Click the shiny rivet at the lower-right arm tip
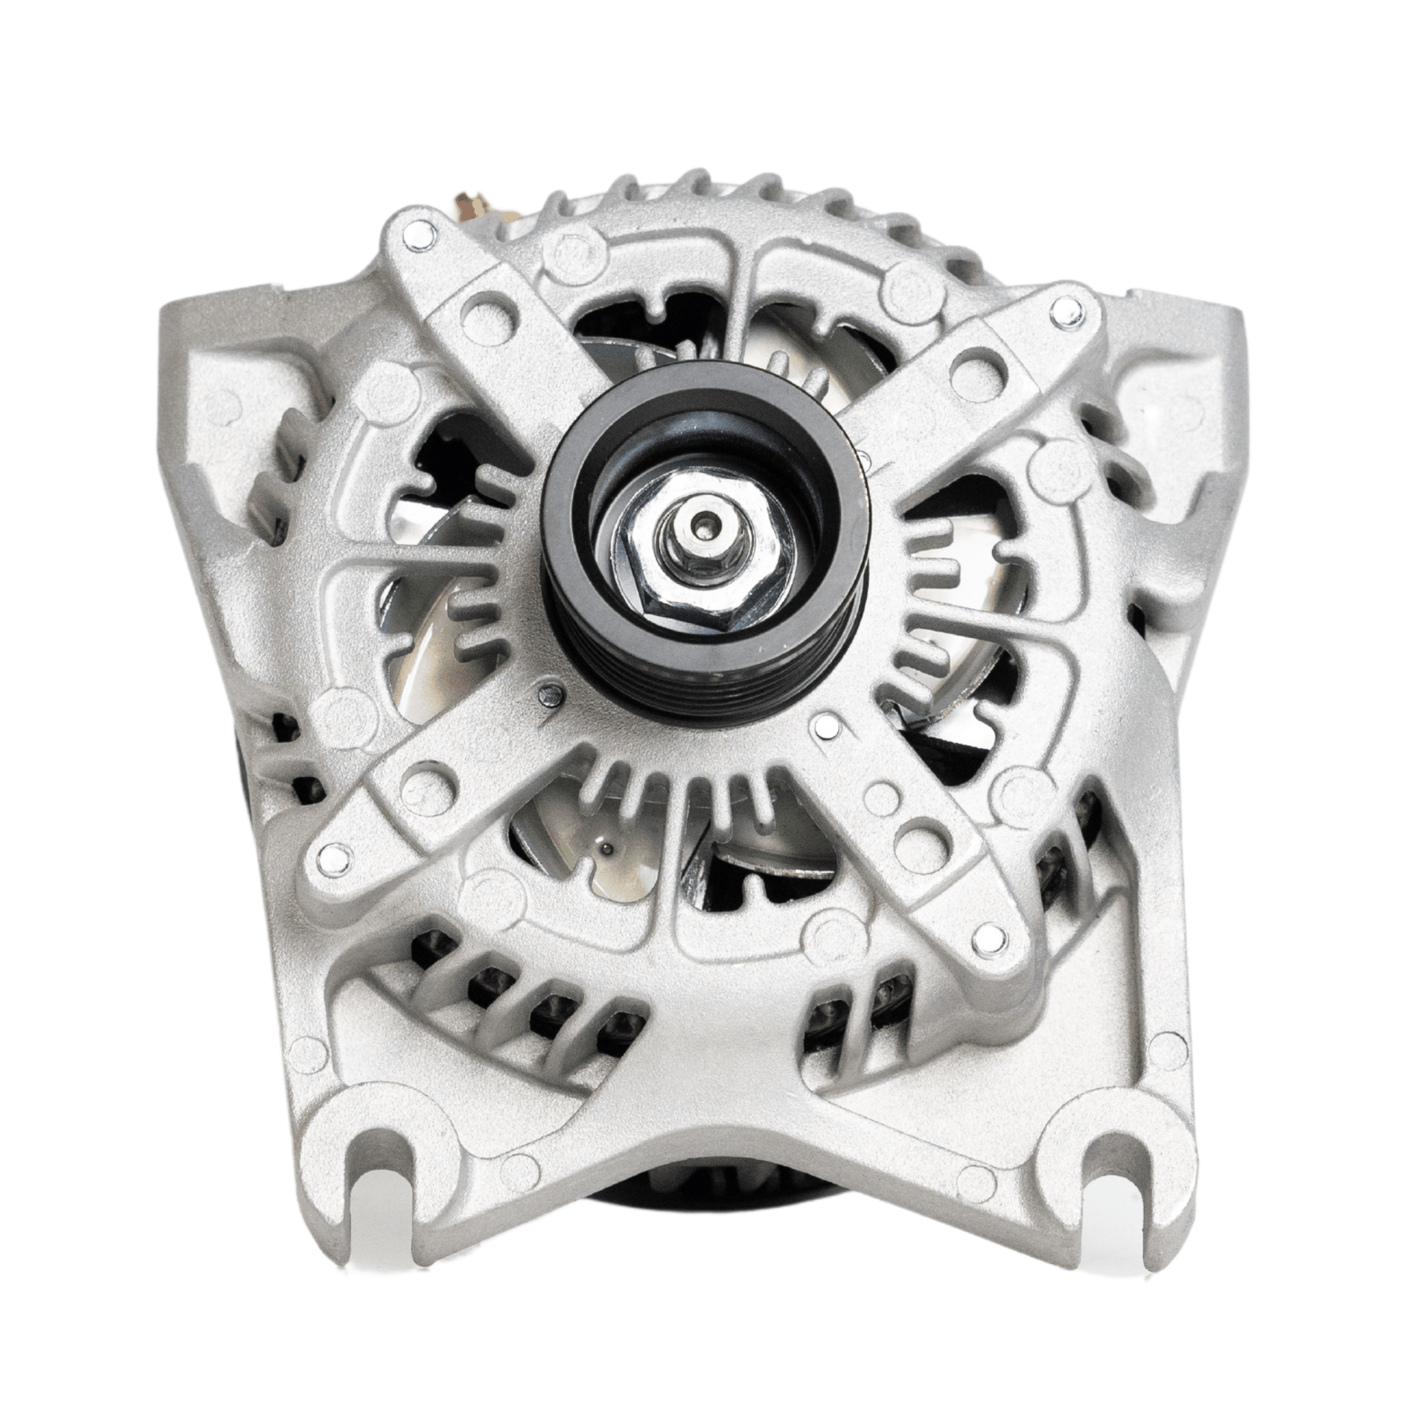(986, 935)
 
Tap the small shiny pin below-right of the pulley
(827, 727)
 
